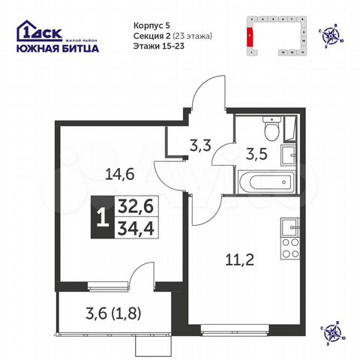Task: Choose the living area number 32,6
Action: (x=132, y=205)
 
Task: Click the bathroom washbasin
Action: (x=288, y=155)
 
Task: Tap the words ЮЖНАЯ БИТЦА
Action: (x=56, y=48)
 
